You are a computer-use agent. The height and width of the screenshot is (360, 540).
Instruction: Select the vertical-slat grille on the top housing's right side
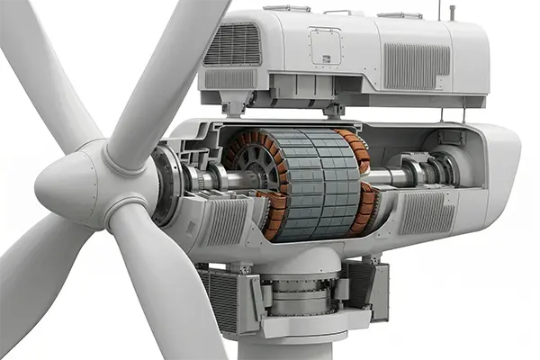click(x=418, y=65)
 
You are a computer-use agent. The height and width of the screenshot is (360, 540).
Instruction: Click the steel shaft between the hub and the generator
click(x=202, y=180)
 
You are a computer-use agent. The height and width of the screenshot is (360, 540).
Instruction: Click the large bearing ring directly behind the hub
click(x=166, y=185)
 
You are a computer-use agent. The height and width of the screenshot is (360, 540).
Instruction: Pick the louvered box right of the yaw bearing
click(x=364, y=288)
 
